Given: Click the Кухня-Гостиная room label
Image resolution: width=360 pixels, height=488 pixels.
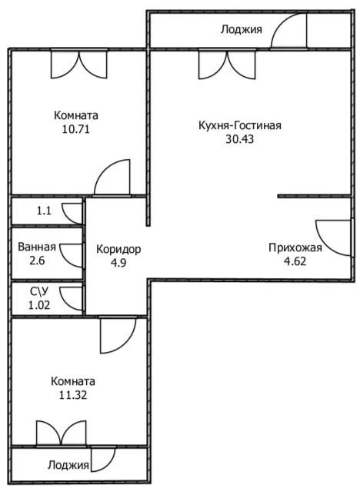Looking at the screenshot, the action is [240, 125].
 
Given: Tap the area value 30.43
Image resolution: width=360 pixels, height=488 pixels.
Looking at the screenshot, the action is [240, 139].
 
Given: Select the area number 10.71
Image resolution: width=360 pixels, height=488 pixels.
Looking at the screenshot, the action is [76, 129].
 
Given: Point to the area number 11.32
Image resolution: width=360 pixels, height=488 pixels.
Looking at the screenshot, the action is [73, 395].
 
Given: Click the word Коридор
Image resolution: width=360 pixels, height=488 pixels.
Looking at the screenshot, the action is [118, 250].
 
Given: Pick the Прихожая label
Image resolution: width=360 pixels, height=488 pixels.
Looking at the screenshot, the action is [295, 248].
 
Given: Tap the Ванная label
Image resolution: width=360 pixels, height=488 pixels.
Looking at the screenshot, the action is [37, 247].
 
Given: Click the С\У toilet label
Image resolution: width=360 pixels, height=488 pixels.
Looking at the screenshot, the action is [39, 292].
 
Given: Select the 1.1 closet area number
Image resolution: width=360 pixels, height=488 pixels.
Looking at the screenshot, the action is [44, 211].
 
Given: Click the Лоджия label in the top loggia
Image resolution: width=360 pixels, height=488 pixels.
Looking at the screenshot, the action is [242, 29].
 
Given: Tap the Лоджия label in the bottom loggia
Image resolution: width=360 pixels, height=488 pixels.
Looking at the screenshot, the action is [68, 465].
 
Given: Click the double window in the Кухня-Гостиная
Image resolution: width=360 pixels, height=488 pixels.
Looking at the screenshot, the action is [228, 65].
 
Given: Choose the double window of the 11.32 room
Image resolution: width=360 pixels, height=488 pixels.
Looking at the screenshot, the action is [61, 433].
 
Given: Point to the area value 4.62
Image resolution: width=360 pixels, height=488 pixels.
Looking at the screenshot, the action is [295, 261].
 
